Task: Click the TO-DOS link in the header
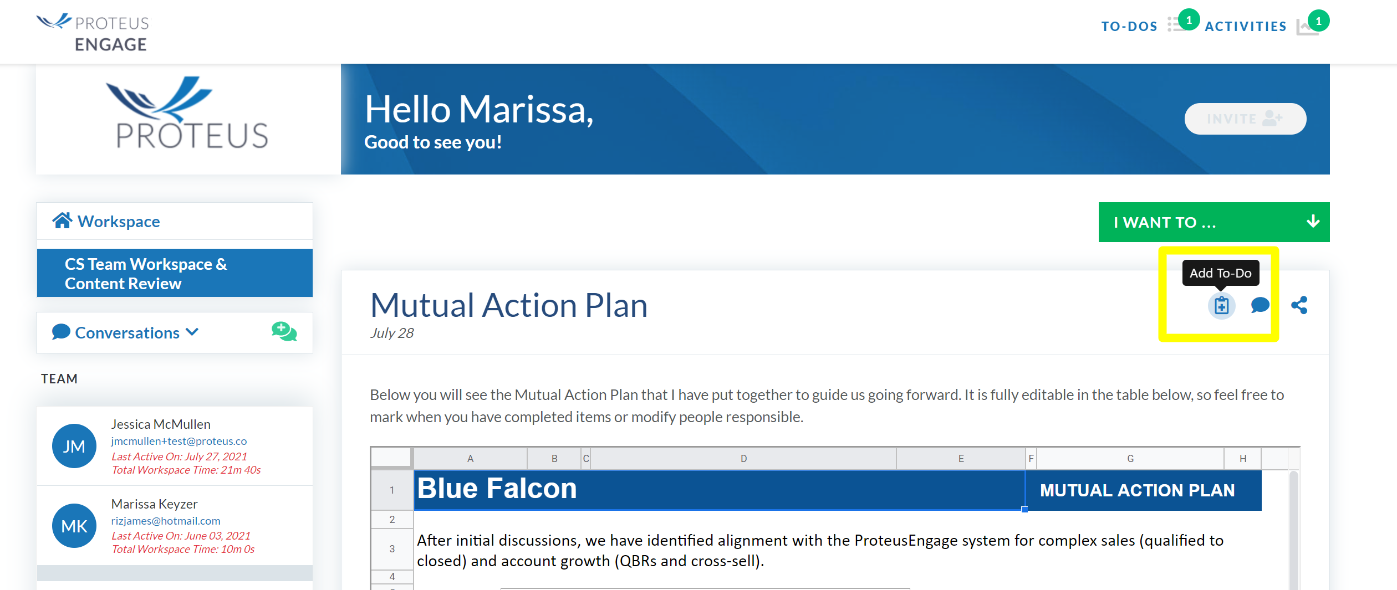1129,26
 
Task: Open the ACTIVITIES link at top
1246,26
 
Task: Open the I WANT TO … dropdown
1214,222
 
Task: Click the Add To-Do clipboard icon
1221,305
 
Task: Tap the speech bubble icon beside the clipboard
1260,305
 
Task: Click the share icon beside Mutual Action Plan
1299,305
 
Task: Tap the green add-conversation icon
284,332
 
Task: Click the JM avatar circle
74,446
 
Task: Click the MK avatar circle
74,526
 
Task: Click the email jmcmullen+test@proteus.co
179,441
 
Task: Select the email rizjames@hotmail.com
166,521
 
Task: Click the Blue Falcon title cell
720,490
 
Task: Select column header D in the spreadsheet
743,459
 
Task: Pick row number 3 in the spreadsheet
392,549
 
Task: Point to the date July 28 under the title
392,333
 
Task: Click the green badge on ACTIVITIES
1318,21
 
